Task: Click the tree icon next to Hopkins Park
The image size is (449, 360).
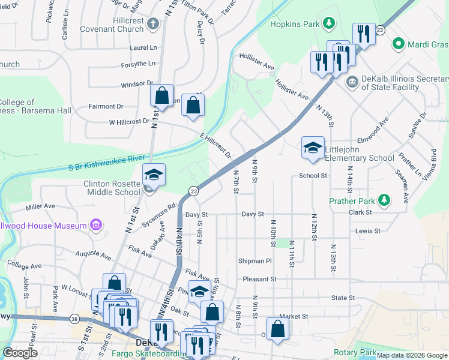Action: pos(328,23)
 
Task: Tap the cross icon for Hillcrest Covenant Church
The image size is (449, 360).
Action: pos(153,24)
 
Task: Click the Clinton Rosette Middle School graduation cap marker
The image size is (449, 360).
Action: pos(154,175)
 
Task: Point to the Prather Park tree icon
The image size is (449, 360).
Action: pos(387,200)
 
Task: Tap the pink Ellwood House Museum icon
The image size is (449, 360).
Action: pos(95,225)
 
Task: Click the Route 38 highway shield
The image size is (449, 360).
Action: pos(73,319)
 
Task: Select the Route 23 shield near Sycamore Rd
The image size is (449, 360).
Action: pos(193,191)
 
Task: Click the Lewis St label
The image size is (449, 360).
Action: pos(367,230)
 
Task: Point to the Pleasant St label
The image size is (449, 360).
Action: pos(259,279)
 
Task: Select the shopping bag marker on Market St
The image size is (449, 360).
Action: pos(277,328)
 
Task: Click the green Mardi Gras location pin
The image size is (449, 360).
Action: pos(397,44)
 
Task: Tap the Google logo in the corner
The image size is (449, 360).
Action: pos(20,352)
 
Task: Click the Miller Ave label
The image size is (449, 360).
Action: pos(40,206)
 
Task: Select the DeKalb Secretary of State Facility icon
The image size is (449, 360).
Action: pos(352,80)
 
